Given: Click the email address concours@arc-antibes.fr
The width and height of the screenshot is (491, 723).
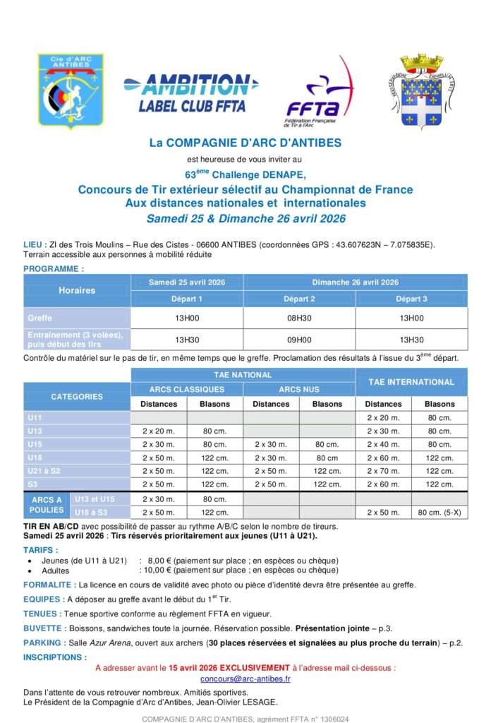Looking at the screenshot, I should click(245, 679).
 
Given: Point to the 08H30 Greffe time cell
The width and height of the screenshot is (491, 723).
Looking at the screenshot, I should click(299, 318).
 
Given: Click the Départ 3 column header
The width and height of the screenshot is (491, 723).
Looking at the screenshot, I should click(411, 299).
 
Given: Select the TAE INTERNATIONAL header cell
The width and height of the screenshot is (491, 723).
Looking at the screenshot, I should click(411, 382).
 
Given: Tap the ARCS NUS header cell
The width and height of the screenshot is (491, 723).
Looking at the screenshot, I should click(299, 389).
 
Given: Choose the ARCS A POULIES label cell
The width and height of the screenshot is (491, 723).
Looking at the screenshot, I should click(47, 505).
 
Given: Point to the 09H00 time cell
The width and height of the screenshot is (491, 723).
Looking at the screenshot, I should click(299, 339).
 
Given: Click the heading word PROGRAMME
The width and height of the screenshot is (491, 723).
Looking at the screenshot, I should click(54, 268).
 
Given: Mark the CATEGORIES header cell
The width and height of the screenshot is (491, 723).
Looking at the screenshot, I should click(77, 396).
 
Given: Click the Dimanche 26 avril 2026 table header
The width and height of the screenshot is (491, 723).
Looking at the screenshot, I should click(355, 282).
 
